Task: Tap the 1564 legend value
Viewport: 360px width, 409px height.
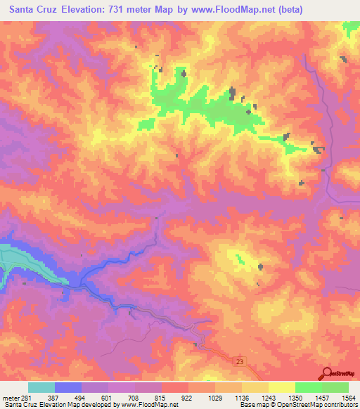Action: [348, 398]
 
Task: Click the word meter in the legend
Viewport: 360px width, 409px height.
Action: [10, 398]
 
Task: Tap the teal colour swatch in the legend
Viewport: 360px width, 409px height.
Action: [41, 387]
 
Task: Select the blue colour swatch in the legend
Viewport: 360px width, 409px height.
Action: [68, 387]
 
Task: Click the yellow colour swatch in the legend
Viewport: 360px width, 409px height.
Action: [281, 387]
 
